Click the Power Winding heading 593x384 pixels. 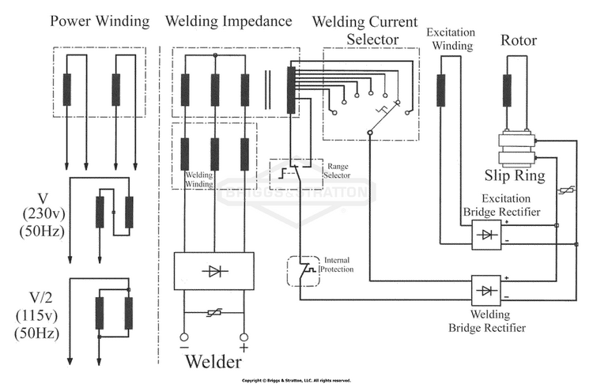click(100, 21)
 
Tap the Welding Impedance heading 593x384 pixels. click(229, 21)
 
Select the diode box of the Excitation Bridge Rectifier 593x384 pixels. click(486, 235)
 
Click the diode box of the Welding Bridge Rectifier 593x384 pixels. click(486, 290)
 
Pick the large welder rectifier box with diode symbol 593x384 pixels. click(213, 271)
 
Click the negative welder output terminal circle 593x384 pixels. click(183, 337)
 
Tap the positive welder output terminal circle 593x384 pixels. click(244, 337)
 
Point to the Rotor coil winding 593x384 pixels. click(507, 90)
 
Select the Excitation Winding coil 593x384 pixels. click(440, 90)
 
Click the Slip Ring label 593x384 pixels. click(515, 175)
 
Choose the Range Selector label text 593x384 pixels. click(337, 171)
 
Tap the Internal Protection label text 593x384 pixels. click(337, 265)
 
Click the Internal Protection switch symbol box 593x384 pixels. click(304, 271)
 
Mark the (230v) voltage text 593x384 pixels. click(43, 214)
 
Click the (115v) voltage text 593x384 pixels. click(37, 315)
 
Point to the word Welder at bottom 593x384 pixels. click(213, 362)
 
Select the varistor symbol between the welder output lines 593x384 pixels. click(214, 313)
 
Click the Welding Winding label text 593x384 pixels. click(199, 179)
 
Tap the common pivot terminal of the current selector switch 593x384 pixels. click(370, 133)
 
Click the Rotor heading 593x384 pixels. click(519, 40)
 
